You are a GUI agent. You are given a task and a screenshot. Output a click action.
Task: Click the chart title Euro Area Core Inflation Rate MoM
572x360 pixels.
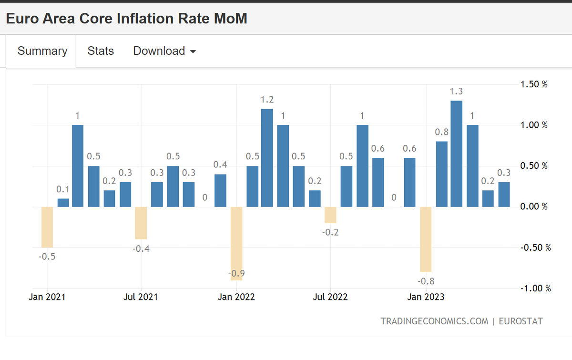[126, 19]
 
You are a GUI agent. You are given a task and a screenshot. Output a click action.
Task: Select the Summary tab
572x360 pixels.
[42, 51]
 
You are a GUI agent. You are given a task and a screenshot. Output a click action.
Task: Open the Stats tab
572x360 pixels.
[101, 51]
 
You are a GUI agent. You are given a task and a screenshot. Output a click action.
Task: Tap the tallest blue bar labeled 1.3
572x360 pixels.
[456, 154]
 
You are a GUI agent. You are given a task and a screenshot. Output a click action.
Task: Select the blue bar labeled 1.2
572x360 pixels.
[267, 158]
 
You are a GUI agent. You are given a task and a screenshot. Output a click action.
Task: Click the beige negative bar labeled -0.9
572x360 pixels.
[236, 244]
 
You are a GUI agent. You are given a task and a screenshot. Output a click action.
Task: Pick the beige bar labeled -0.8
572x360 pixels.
[426, 239]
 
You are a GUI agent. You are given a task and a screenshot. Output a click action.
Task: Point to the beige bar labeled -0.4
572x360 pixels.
[141, 223]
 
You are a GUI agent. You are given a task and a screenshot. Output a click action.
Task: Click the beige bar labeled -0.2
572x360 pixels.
[330, 215]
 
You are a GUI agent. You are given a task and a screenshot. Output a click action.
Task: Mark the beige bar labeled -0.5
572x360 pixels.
[47, 227]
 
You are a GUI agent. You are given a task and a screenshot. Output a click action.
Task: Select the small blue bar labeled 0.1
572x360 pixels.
[63, 203]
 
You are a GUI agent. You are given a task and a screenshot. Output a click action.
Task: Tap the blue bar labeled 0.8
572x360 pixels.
[442, 174]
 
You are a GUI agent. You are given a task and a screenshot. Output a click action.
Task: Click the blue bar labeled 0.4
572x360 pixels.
[220, 190]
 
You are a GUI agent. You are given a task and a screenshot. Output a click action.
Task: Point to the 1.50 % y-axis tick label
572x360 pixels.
[534, 84]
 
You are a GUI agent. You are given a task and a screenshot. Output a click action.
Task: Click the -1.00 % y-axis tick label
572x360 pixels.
[536, 288]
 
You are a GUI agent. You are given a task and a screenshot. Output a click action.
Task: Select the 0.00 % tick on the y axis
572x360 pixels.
[534, 206]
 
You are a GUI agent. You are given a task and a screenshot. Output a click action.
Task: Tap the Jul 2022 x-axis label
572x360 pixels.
[330, 297]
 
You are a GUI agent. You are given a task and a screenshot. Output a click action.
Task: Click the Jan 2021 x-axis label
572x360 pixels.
[47, 297]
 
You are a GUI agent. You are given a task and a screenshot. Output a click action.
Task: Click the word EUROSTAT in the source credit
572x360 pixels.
[521, 321]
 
